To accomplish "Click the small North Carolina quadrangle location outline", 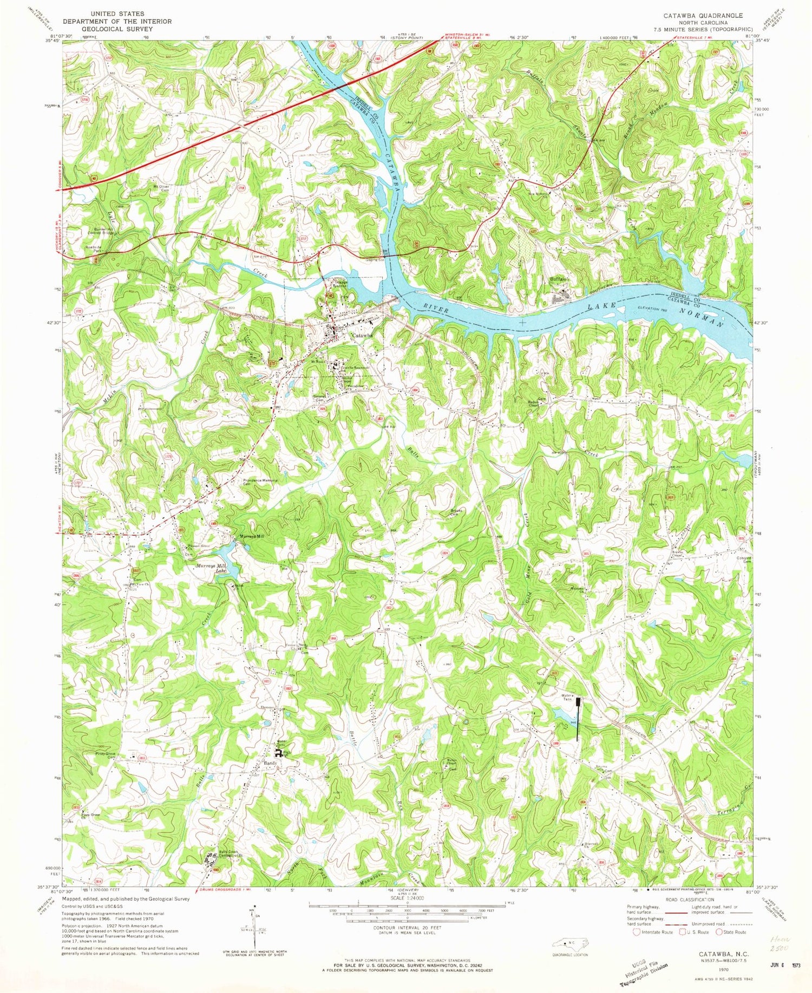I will pos(567,942).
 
